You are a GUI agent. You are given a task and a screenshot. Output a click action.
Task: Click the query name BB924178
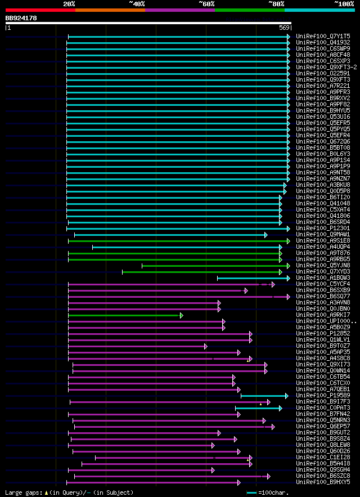[x=21, y=18]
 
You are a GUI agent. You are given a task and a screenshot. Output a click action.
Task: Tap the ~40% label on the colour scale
[x=137, y=3]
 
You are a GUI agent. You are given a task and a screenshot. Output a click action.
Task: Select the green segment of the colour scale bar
[x=249, y=10]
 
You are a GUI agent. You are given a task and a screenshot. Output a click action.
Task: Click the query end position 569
[x=283, y=28]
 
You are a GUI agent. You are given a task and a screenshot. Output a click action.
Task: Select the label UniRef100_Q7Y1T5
[x=323, y=36]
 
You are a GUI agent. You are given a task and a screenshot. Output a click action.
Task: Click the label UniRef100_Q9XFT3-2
[x=325, y=67]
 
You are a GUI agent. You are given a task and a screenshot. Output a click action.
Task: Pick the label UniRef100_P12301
[x=323, y=229]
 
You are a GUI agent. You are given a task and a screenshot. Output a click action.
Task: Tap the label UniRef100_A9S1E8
[x=323, y=241]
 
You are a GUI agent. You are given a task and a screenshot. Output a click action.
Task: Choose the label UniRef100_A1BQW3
[x=323, y=278]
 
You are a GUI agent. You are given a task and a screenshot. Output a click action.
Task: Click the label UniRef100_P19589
[x=323, y=396]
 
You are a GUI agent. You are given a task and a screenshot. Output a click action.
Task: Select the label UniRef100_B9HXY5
[x=323, y=482]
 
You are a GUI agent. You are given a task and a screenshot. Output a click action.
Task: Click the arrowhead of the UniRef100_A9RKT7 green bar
[x=181, y=315]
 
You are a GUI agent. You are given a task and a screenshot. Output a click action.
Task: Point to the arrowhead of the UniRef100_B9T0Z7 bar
[x=205, y=346]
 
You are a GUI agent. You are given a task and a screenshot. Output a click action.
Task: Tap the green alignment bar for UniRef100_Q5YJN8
[x=214, y=266]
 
